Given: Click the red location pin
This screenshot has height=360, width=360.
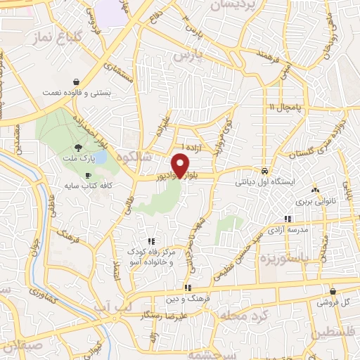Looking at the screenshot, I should pyautogui.click(x=181, y=165).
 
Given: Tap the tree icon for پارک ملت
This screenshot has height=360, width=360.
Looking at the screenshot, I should pyautogui.click(x=78, y=148).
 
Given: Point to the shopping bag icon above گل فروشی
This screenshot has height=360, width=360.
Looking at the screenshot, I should pyautogui.click(x=332, y=291).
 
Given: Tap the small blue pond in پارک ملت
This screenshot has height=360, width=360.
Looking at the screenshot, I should pyautogui.click(x=99, y=157).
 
